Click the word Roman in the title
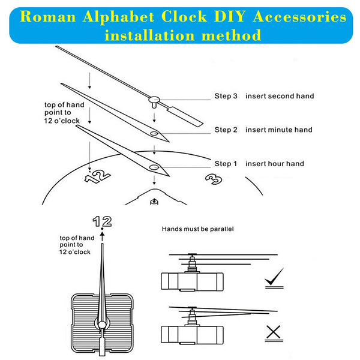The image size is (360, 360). tap(40, 17)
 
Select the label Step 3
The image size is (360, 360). tap(226, 96)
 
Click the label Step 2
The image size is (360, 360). tap(226, 130)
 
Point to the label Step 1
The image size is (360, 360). tap(226, 164)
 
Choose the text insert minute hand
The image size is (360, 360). tap(278, 130)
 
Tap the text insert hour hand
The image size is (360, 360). tap(274, 164)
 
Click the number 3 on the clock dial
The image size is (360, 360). tap(212, 179)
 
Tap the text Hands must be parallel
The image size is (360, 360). tap(197, 229)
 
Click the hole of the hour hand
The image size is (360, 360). tap(154, 167)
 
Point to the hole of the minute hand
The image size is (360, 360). tap(154, 134)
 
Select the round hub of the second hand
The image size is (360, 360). tap(155, 100)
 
